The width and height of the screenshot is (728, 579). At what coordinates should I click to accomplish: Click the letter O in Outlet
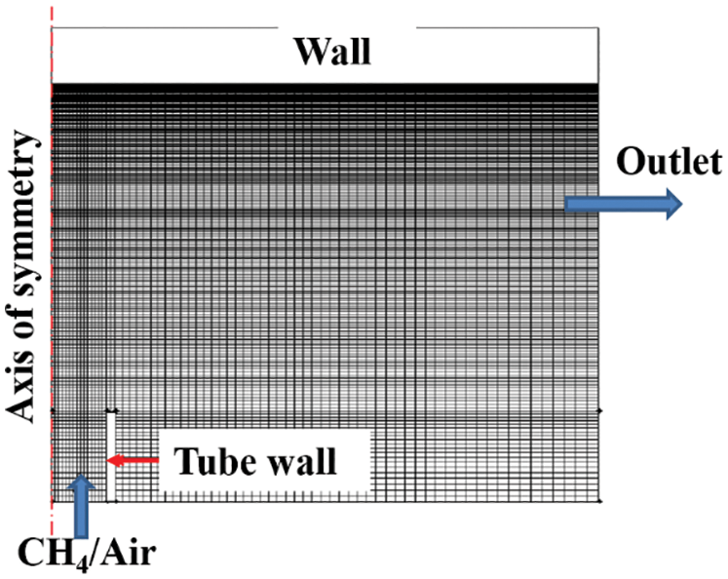tap(628, 163)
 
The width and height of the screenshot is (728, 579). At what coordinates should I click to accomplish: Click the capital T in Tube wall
tap(183, 460)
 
